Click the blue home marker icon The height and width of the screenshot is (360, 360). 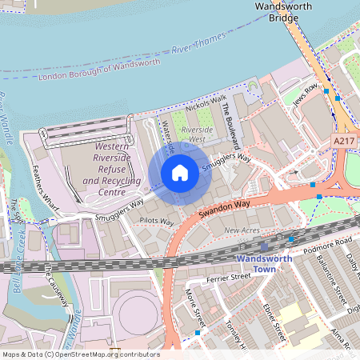click(x=180, y=173)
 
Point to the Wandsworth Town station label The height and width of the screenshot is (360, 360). click(x=266, y=264)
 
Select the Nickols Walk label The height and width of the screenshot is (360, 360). click(x=206, y=103)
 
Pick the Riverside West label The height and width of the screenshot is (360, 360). click(x=198, y=134)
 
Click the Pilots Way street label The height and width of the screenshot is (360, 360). click(x=157, y=221)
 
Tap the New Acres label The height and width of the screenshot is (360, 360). click(x=242, y=230)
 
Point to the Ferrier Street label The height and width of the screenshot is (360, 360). click(x=228, y=278)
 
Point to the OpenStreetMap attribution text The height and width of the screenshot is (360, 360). click(x=80, y=354)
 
